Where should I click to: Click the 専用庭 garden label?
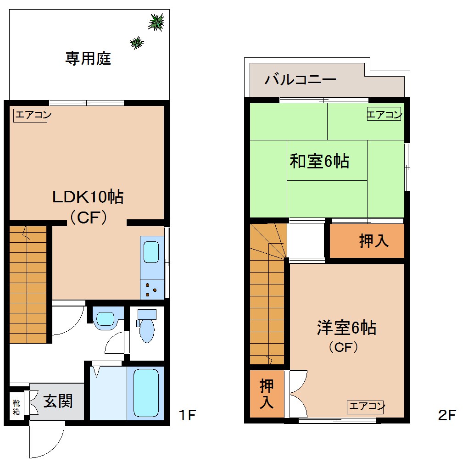88,59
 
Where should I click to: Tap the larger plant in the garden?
156,22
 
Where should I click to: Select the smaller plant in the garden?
137,43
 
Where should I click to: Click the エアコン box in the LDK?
30,115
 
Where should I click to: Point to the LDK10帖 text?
87,197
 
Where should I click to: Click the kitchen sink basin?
152,252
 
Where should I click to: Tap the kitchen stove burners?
152,288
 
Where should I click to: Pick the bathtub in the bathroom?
146,393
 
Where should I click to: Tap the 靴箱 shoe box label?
17,407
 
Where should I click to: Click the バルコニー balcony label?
301,79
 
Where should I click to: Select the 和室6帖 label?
319,161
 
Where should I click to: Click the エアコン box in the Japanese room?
384,114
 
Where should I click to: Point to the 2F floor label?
447,416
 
